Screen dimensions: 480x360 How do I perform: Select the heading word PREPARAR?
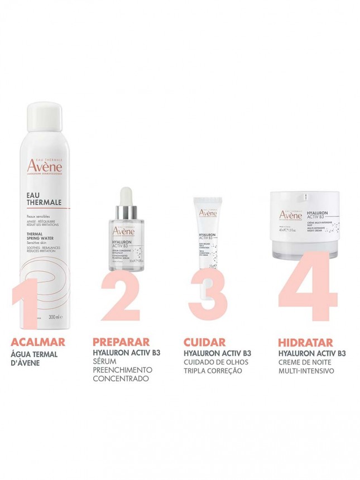coord(121,342)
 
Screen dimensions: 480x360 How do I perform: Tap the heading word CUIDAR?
coord(204,342)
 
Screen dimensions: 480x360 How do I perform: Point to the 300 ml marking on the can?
coord(54,317)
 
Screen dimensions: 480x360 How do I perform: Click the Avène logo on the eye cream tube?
coord(208,211)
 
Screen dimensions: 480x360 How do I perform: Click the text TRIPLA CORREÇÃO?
coord(213,370)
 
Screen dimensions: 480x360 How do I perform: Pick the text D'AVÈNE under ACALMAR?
coord(26,362)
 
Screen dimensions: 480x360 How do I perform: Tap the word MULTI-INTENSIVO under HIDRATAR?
coord(306,370)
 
